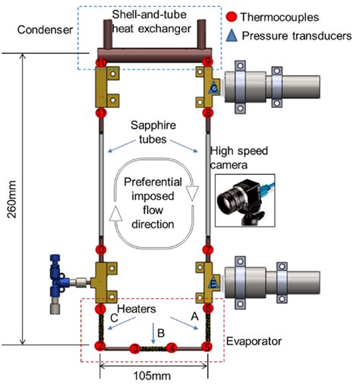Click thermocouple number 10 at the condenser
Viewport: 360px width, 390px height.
click(99, 62)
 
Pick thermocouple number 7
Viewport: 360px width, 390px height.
click(208, 249)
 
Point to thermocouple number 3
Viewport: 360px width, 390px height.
click(135, 347)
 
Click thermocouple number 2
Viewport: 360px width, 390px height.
click(99, 347)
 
